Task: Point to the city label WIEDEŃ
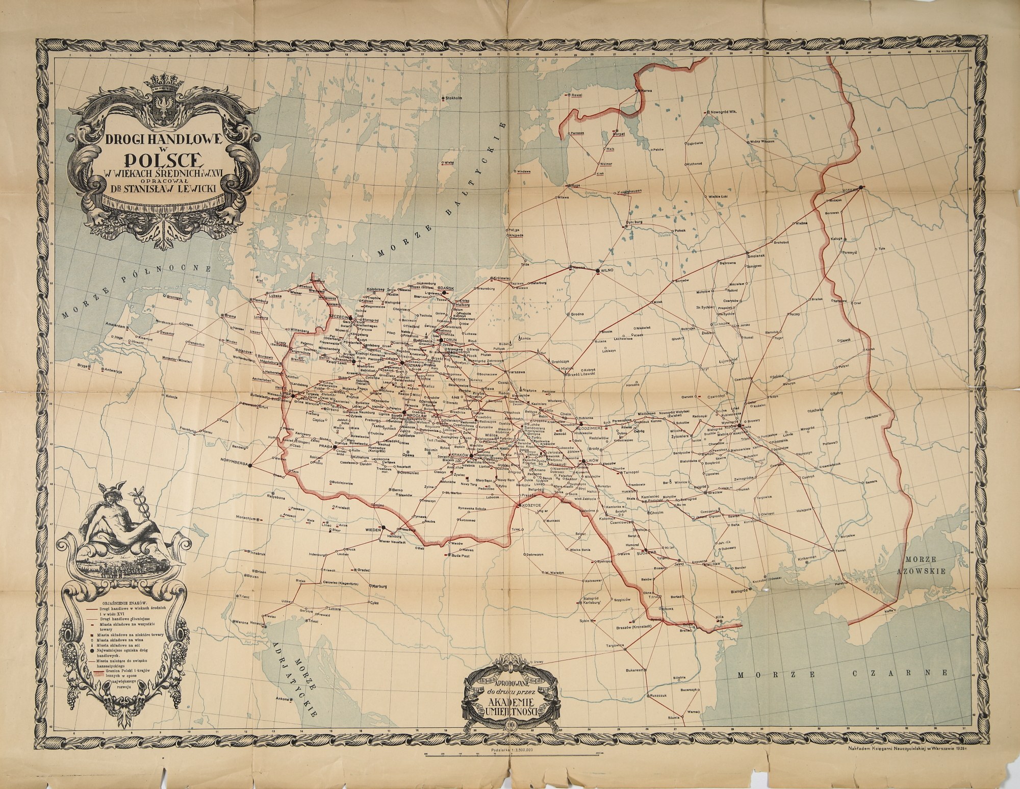374,530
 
